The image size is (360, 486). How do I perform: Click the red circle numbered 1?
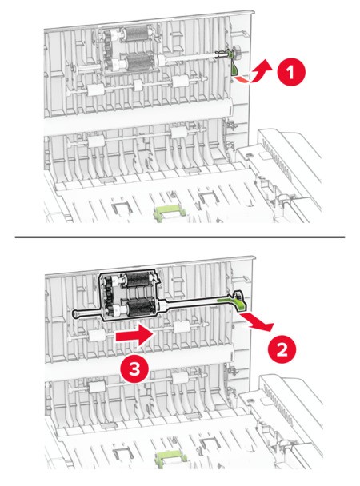pos(291,72)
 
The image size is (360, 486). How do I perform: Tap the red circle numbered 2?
pos(282,350)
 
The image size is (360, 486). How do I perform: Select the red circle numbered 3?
pos(134,370)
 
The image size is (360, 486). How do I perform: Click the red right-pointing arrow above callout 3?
pos(135,336)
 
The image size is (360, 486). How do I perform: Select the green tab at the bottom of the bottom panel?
pos(169,457)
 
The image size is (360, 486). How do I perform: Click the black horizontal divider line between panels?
pos(180,237)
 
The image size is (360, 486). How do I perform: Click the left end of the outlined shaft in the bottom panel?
pos(74,314)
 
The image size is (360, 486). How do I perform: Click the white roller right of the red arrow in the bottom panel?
pos(182,327)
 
